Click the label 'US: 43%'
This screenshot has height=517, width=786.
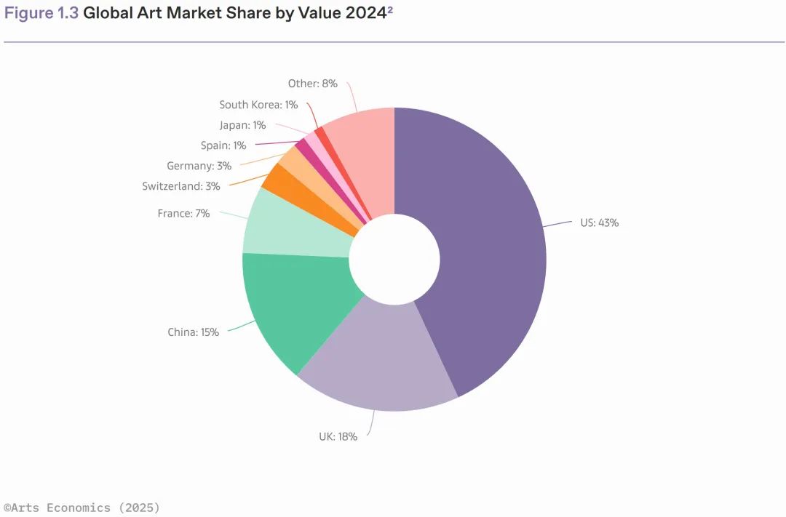[x=599, y=223]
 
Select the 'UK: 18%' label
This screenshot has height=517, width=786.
[x=338, y=437]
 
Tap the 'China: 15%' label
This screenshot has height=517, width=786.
[x=193, y=332]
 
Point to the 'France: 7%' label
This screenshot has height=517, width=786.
[x=183, y=214]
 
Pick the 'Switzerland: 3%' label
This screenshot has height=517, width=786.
[x=181, y=186]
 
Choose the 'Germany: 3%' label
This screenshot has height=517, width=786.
[x=199, y=166]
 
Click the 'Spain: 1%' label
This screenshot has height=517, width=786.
[x=223, y=145]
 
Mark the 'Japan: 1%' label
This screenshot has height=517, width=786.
[x=242, y=125]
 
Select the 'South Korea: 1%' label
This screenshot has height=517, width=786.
[x=258, y=105]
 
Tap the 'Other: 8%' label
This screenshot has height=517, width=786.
[x=312, y=84]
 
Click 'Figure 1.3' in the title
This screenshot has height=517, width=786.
[x=41, y=14]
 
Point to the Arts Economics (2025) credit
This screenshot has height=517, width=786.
[x=82, y=508]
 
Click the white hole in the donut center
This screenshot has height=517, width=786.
[x=394, y=260]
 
